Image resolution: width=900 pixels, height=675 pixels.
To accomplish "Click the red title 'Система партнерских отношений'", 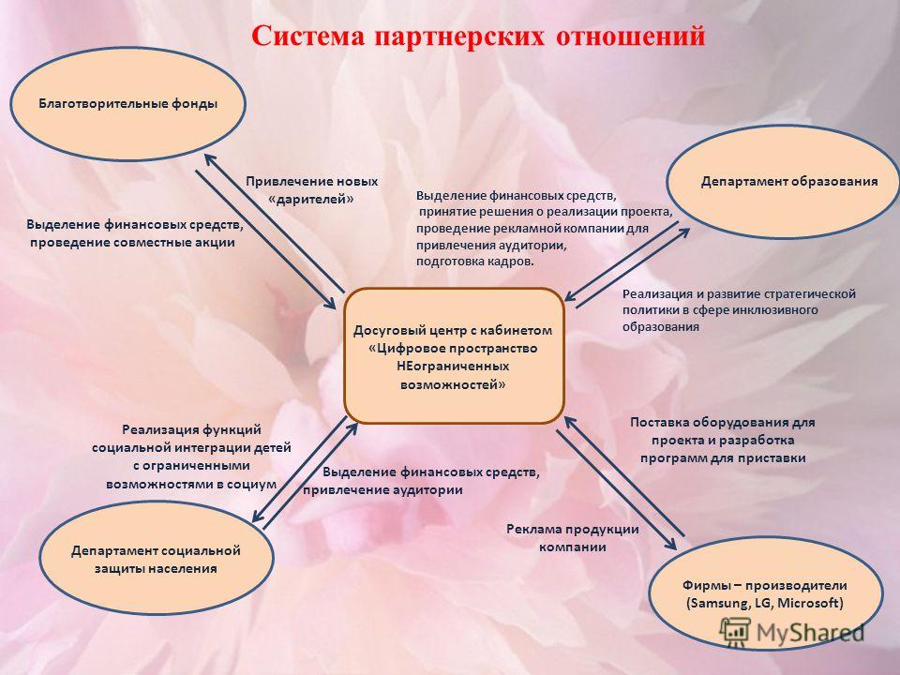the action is [478, 36].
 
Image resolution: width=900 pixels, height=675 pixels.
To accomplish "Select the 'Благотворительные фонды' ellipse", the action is [127, 104].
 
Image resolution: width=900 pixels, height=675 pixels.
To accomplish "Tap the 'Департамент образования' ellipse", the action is [783, 181].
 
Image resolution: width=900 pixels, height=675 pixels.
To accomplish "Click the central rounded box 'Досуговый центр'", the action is [454, 356].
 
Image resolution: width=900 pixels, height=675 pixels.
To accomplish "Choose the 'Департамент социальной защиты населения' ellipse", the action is [157, 559].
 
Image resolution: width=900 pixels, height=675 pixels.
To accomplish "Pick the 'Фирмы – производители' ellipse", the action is [765, 594].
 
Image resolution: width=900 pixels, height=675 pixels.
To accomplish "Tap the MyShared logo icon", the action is [735, 631].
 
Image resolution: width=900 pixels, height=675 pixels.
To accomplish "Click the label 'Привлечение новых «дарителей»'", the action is [311, 190].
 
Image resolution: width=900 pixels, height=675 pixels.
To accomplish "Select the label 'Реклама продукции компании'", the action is [572, 538].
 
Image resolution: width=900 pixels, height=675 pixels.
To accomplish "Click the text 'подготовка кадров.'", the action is [474, 262].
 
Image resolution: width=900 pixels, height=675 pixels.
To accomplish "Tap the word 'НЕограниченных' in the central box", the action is [453, 367].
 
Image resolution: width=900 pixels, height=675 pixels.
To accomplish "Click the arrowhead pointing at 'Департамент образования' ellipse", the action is [683, 233].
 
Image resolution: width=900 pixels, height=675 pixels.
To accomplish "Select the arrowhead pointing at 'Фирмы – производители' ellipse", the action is [670, 544].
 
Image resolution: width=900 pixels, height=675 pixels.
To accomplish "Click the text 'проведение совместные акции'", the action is [132, 242].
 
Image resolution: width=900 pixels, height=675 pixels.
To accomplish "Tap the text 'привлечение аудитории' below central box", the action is [382, 490].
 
